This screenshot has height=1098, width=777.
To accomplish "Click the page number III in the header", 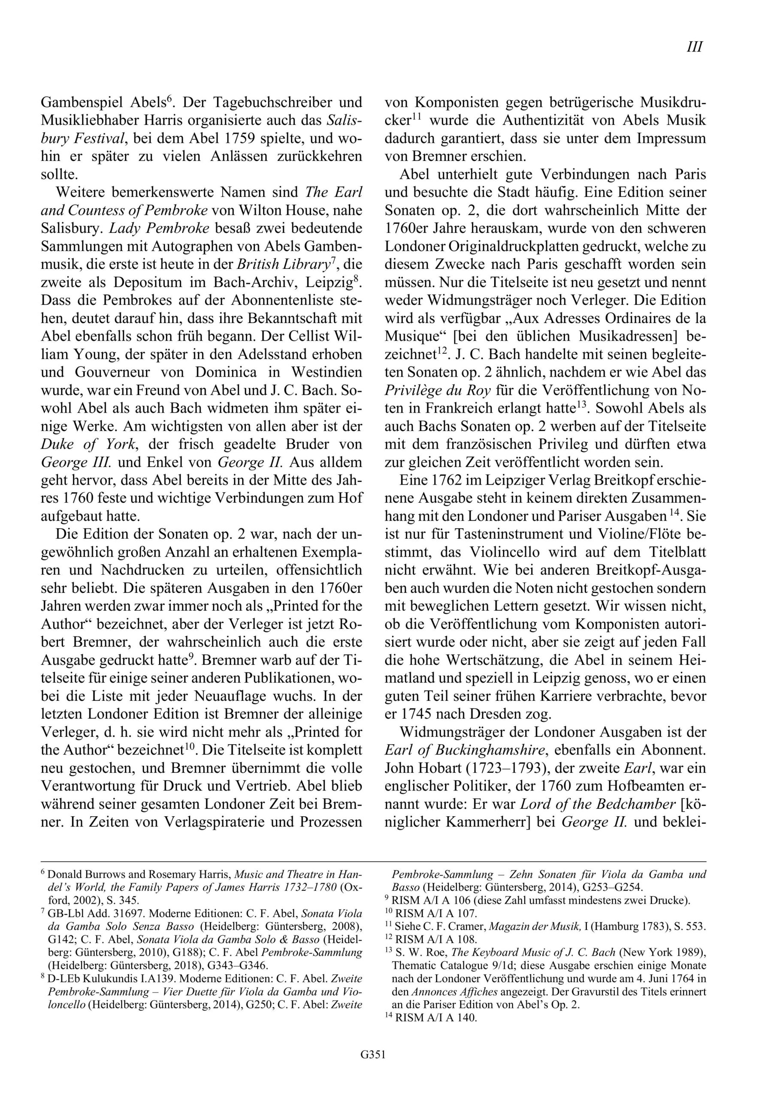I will [694, 47].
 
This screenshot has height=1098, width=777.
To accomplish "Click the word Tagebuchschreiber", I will [271, 103].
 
